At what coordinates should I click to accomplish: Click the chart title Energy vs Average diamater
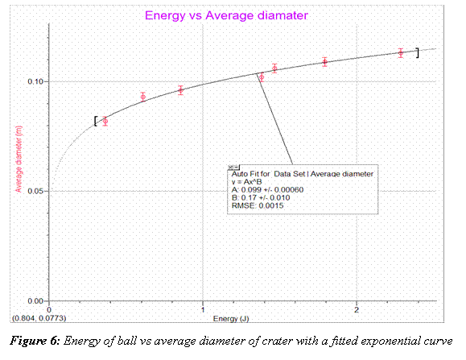coord(226,15)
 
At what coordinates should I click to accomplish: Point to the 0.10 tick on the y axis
coord(37,81)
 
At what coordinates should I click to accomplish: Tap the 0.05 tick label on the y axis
coord(37,191)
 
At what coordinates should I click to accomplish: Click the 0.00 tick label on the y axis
coord(37,300)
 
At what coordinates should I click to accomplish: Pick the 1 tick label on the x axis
coord(203,310)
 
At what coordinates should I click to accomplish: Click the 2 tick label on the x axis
coord(357,310)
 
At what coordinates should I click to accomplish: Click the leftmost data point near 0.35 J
coord(105,122)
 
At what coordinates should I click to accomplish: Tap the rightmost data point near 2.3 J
coord(401,53)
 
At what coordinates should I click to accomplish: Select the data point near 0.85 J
coord(181,90)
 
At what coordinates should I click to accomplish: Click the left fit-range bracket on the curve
coord(96,121)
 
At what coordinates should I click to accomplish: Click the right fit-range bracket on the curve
coord(417,52)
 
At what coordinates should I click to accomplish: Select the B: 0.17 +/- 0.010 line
coord(265,197)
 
